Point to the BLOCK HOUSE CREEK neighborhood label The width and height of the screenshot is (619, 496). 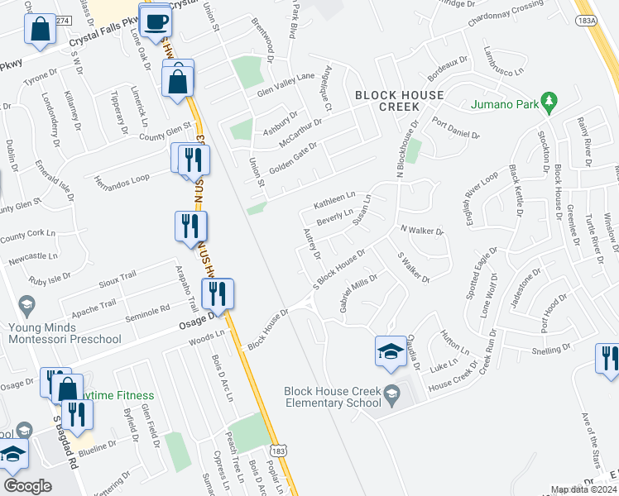[400, 102]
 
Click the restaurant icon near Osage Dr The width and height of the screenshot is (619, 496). [217, 292]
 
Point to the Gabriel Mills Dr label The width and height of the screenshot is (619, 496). [357, 293]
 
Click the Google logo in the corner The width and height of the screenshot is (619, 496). [27, 486]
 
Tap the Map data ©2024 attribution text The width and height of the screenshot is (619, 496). [583, 489]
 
